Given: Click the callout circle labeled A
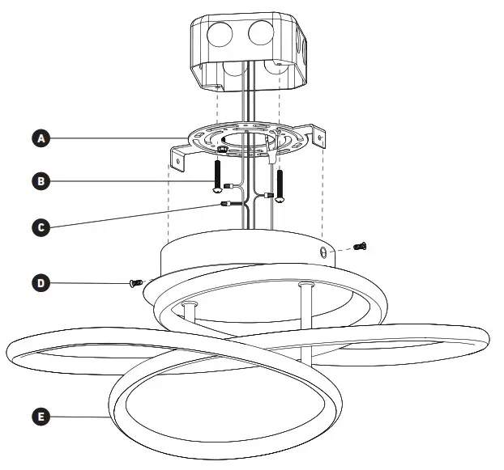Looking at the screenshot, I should coord(41,138).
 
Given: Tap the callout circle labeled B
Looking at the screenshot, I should coord(41,181).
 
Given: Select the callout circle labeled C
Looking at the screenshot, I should coord(41,227).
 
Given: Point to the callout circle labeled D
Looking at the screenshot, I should coord(41,283).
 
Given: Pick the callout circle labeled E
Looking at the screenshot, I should coord(41,417).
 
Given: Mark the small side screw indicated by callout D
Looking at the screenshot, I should coord(135,282).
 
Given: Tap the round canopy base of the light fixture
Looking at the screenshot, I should coord(243,259).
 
